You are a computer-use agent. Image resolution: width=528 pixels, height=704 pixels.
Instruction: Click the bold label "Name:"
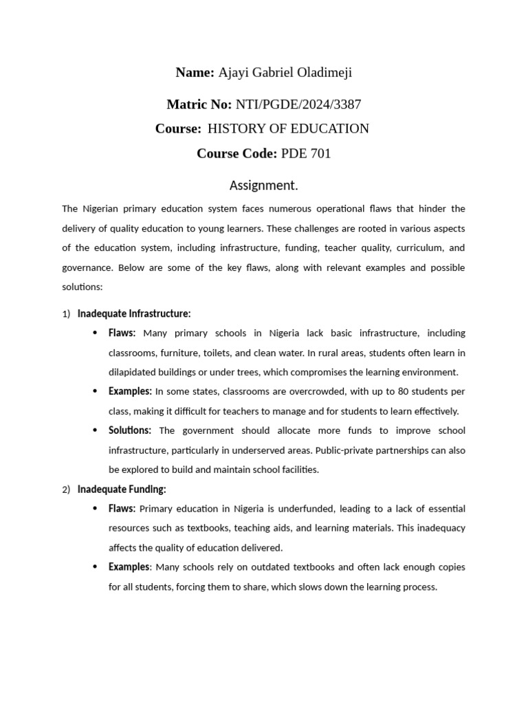pos(195,73)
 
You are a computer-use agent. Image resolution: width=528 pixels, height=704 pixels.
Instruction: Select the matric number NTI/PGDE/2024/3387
pos(298,104)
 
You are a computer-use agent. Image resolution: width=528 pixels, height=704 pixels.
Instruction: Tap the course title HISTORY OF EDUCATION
pos(288,129)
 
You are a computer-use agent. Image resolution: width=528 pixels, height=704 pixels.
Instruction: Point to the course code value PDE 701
pos(306,153)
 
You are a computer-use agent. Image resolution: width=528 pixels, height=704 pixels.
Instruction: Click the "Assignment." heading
pos(264,186)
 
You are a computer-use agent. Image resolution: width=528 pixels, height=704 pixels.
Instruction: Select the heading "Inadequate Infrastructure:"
pos(134,313)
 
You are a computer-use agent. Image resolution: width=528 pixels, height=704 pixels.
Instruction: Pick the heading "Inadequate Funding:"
pos(122,489)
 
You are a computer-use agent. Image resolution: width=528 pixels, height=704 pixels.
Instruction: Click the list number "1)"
pos(66,314)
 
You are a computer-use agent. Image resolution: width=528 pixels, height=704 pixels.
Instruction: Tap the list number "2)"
pos(66,490)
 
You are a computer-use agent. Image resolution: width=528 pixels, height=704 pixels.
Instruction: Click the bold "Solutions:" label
pos(130,430)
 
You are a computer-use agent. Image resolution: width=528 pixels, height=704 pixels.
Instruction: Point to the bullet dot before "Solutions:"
pos(95,431)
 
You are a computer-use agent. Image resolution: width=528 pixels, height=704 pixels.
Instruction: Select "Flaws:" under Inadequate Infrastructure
pos(122,333)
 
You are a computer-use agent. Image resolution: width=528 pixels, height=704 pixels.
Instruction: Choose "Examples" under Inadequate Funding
pos(129,567)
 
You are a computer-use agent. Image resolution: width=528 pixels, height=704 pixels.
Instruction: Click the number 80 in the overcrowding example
pos(402,391)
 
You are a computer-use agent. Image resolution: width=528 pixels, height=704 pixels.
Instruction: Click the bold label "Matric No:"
pos(199,104)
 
